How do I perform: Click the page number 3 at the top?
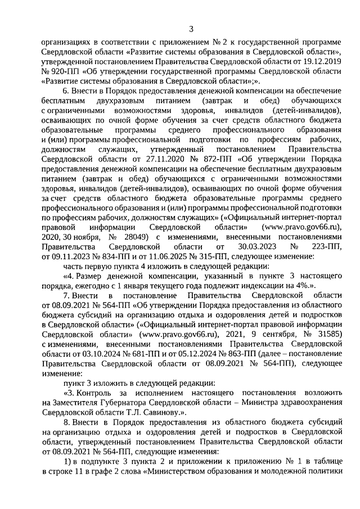pyautogui.click(x=191, y=29)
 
